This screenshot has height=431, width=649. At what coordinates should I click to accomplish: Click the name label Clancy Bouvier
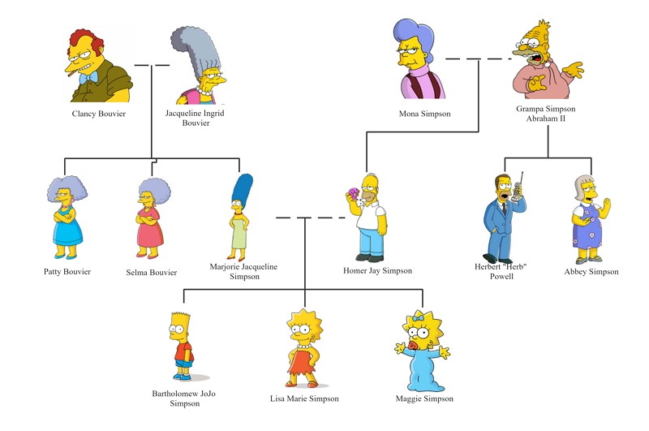[x=98, y=114]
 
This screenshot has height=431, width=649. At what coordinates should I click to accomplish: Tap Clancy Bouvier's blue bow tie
[x=89, y=78]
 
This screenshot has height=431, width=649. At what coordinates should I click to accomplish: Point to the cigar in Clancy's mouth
[x=70, y=73]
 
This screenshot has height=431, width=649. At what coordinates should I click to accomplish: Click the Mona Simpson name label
[x=424, y=114]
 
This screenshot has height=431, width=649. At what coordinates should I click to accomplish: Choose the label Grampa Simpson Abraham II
[x=545, y=114]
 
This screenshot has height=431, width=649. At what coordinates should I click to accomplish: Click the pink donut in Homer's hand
[x=355, y=192]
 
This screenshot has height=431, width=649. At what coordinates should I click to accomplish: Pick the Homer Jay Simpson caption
[x=377, y=271]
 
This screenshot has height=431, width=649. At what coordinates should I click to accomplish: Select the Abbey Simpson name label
[x=591, y=272]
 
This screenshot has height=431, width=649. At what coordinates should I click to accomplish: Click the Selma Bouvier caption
[x=152, y=273]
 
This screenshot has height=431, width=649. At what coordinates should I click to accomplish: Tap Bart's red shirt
[x=184, y=351]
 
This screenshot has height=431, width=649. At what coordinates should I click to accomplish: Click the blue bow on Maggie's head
[x=418, y=318]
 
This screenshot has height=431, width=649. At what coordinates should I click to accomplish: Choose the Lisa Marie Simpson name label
[x=304, y=399]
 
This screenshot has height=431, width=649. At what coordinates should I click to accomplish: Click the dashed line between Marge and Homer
[x=311, y=218]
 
